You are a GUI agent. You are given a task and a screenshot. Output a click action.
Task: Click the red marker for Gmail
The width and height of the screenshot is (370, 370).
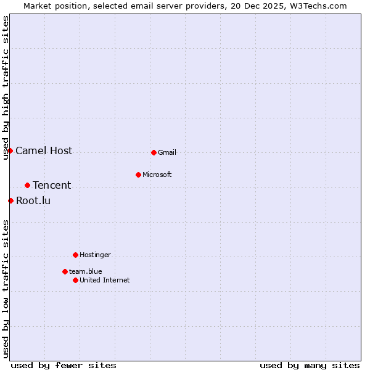[x=154, y=152]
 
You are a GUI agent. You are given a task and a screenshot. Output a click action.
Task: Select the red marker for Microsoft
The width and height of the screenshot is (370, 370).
[x=138, y=175]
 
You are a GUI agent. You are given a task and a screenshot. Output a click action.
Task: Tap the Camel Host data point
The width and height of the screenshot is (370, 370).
[x=10, y=150]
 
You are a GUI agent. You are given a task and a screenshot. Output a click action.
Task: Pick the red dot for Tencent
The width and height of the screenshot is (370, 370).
[x=27, y=185]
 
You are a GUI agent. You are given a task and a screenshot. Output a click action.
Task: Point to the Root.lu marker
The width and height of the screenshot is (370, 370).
[x=10, y=200]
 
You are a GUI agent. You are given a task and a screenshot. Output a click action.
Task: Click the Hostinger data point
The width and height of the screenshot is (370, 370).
[x=75, y=255]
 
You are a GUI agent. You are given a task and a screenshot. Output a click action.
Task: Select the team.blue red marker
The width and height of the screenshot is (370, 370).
[x=65, y=271]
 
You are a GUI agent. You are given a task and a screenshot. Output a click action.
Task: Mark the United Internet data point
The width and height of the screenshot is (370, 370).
[x=75, y=280]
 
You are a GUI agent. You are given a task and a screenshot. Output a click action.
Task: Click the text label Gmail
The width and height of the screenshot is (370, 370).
[x=167, y=152]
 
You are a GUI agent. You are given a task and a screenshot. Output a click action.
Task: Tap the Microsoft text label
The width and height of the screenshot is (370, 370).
[x=157, y=175]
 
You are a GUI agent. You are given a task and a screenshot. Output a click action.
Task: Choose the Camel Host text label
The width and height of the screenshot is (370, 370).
[x=44, y=150]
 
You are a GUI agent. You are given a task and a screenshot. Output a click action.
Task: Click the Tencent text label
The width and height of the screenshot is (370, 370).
[x=52, y=185]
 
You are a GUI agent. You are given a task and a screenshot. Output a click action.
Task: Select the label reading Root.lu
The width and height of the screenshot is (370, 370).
[x=33, y=200]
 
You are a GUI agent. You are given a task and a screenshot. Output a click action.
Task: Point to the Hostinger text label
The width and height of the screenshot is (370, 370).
[x=95, y=255]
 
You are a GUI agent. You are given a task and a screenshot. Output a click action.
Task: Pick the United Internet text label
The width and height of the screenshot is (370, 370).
[x=104, y=280]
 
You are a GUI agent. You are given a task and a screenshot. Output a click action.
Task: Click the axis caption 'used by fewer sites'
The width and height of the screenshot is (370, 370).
[x=64, y=365]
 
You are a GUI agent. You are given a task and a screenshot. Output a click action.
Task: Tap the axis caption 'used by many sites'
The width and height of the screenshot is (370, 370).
[x=310, y=365]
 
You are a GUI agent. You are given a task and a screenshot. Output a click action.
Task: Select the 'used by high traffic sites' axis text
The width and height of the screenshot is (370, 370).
[x=6, y=88]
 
